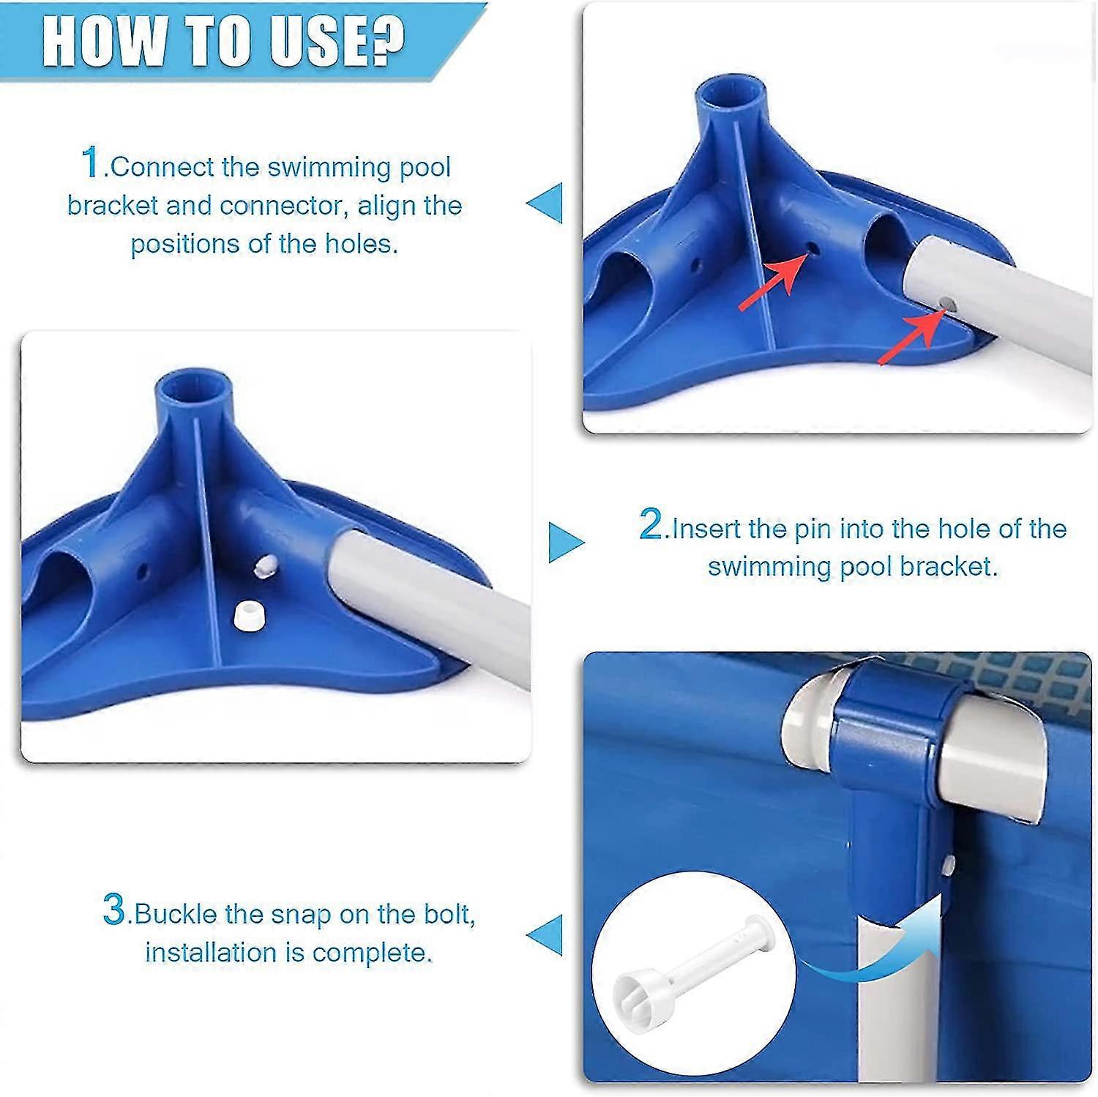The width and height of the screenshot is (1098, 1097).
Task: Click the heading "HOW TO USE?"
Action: pos(223,43)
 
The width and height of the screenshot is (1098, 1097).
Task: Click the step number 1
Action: pos(90,162)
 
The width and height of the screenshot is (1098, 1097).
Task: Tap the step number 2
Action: pos(650,524)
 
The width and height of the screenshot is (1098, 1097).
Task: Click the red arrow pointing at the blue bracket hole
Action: pos(767,283)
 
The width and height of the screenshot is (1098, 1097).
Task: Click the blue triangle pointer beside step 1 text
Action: pos(545,202)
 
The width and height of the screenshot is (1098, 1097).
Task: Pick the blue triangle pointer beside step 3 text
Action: pos(545,934)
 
